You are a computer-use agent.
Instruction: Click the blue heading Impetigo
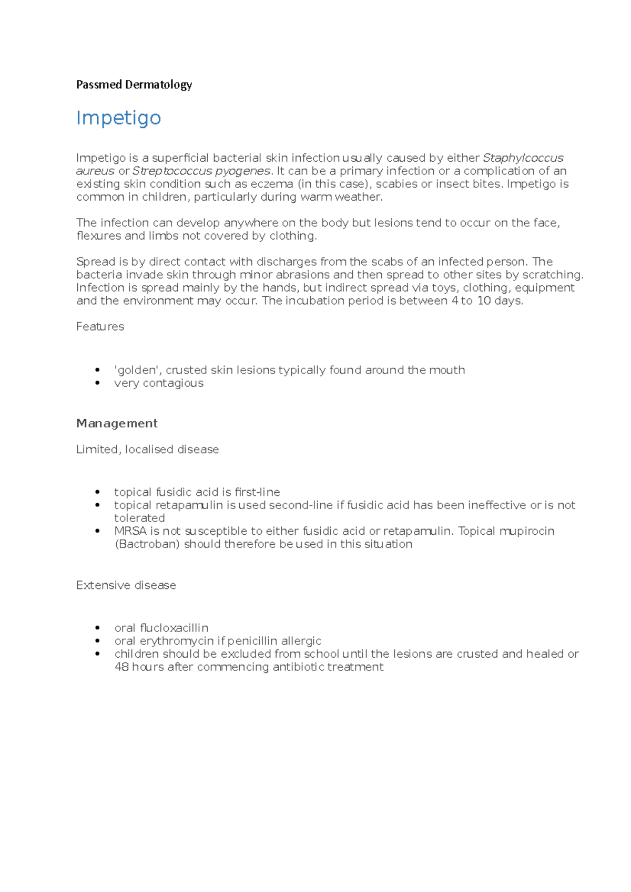click(118, 118)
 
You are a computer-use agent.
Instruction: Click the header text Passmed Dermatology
click(134, 85)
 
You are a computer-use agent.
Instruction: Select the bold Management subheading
click(117, 423)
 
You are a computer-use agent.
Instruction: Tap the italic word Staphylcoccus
click(523, 158)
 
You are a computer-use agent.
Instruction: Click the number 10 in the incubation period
click(484, 301)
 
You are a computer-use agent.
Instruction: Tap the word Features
click(100, 327)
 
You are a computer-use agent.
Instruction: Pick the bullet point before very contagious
click(98, 383)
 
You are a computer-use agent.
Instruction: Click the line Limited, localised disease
click(147, 450)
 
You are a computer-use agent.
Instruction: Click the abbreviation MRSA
click(130, 531)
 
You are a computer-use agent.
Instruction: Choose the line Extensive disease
click(126, 585)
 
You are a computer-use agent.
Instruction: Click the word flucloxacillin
click(174, 628)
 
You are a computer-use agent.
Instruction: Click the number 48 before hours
click(121, 667)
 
